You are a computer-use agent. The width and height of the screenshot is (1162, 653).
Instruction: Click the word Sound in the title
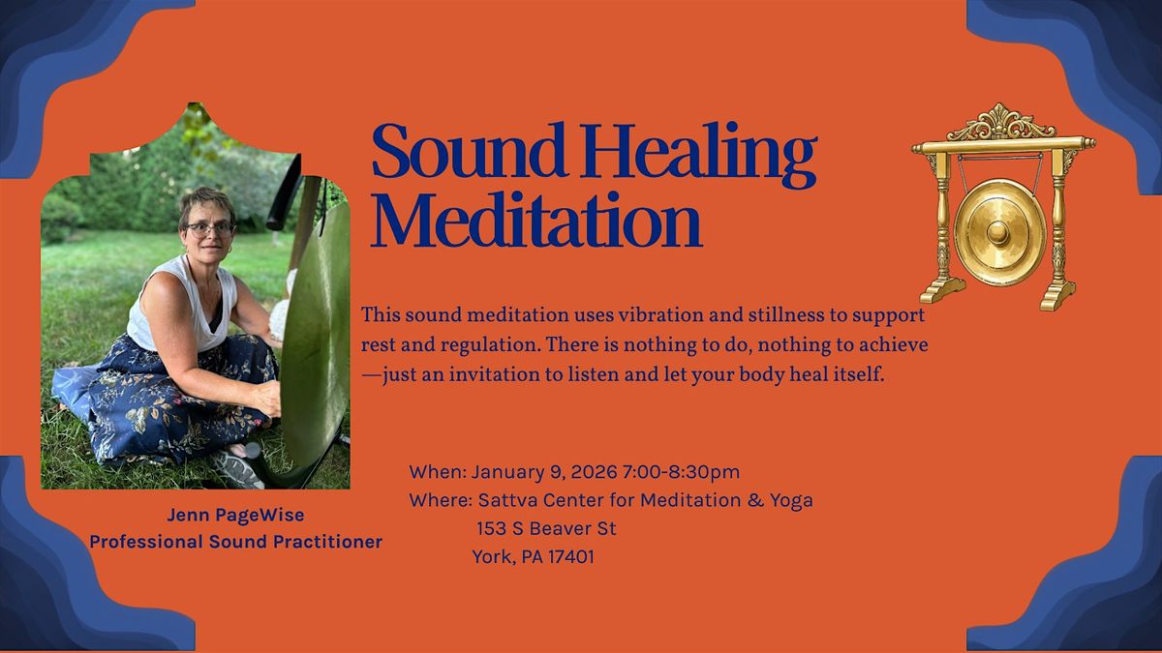click(469, 151)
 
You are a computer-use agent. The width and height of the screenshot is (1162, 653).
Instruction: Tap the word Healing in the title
click(698, 156)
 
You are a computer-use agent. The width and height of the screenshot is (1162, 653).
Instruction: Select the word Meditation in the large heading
click(536, 220)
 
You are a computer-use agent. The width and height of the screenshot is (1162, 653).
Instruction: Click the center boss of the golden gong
click(998, 233)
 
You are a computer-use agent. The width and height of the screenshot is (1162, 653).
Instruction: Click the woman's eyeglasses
click(209, 229)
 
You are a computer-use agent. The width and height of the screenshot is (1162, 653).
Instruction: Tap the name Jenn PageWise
click(235, 515)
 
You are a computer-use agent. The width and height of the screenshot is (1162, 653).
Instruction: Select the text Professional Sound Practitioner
click(236, 542)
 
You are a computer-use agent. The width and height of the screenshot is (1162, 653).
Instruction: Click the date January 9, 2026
click(544, 472)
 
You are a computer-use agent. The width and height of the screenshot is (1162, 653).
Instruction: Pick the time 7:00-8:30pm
click(681, 472)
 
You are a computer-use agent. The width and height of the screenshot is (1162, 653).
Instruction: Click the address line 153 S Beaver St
click(546, 528)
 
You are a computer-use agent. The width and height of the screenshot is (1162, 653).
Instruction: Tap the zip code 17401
click(571, 557)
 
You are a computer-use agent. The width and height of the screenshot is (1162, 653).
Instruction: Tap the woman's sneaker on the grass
click(236, 468)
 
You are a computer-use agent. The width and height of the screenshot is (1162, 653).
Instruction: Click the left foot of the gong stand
click(942, 290)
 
